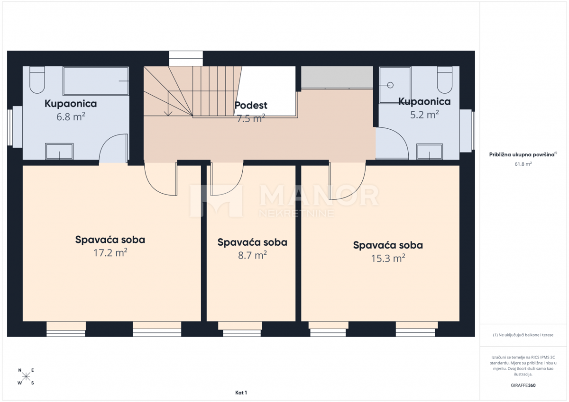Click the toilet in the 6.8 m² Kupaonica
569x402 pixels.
[37, 80]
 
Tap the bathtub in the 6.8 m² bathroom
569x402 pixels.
[96, 81]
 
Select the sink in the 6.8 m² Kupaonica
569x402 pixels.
[59, 152]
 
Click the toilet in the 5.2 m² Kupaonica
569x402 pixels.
[445, 80]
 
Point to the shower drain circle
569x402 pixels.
[390, 85]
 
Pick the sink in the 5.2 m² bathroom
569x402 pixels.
[430, 152]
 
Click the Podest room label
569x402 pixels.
[251, 105]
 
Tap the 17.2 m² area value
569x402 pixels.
[110, 253]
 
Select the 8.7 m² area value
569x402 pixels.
[252, 255]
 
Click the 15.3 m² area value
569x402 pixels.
[388, 258]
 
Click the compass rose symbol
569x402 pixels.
[26, 376]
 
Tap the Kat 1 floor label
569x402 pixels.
[241, 393]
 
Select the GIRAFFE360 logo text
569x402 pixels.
[523, 385]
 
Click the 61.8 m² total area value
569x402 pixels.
[523, 164]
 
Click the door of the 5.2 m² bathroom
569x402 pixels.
[392, 143]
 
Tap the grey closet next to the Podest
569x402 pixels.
[337, 77]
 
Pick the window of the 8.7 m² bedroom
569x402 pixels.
[240, 329]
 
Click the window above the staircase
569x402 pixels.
[186, 59]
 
